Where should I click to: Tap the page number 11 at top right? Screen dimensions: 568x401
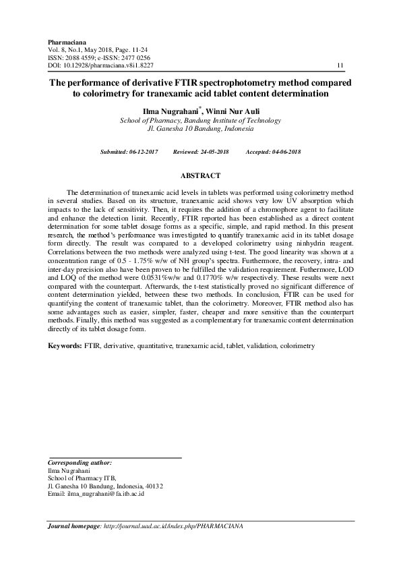[x=340, y=65]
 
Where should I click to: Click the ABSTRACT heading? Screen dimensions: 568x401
[x=200, y=176]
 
